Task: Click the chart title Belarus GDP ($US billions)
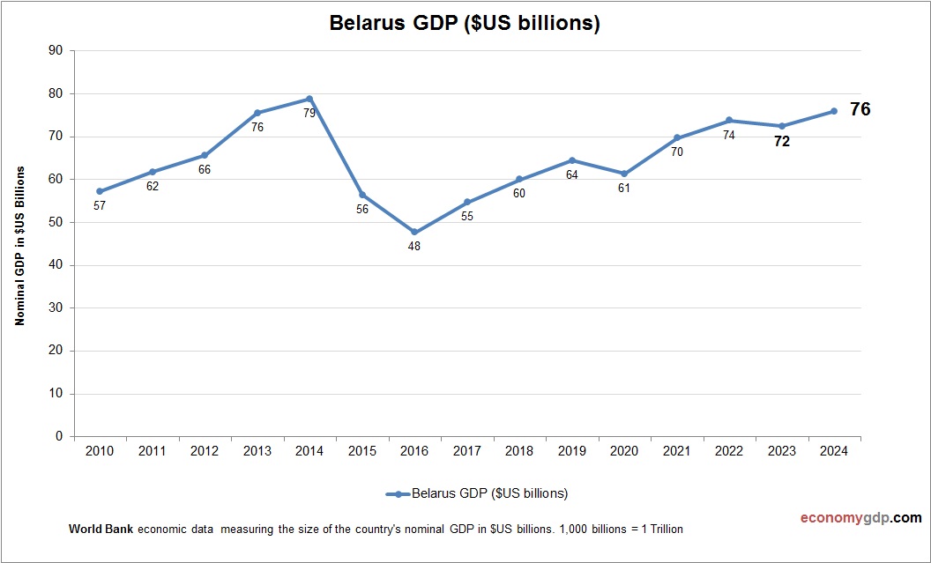tap(465, 24)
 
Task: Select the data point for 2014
tap(309, 99)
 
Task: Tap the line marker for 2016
tap(414, 233)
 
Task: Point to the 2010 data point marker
tap(100, 191)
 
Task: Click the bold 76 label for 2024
tap(860, 110)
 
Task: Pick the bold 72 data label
tap(781, 141)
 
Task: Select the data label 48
tap(414, 247)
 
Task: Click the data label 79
tap(309, 113)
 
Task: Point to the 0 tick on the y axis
tap(58, 436)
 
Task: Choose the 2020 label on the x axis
tap(624, 451)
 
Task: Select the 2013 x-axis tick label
tap(257, 451)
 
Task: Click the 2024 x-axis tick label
tap(833, 451)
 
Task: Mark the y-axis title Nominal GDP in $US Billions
tap(19, 245)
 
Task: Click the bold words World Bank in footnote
tap(101, 530)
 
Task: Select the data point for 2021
tap(676, 138)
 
